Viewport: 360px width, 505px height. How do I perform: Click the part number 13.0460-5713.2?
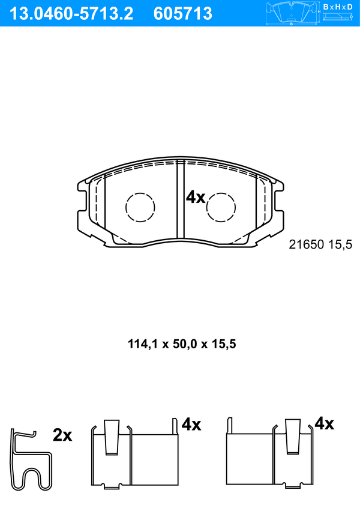tap(71, 14)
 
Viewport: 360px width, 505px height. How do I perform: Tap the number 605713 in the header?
tap(183, 14)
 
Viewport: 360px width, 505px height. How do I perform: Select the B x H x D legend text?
tap(338, 7)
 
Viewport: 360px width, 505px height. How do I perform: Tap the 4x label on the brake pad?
tap(196, 197)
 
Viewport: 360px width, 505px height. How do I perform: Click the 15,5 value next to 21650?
tap(340, 245)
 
